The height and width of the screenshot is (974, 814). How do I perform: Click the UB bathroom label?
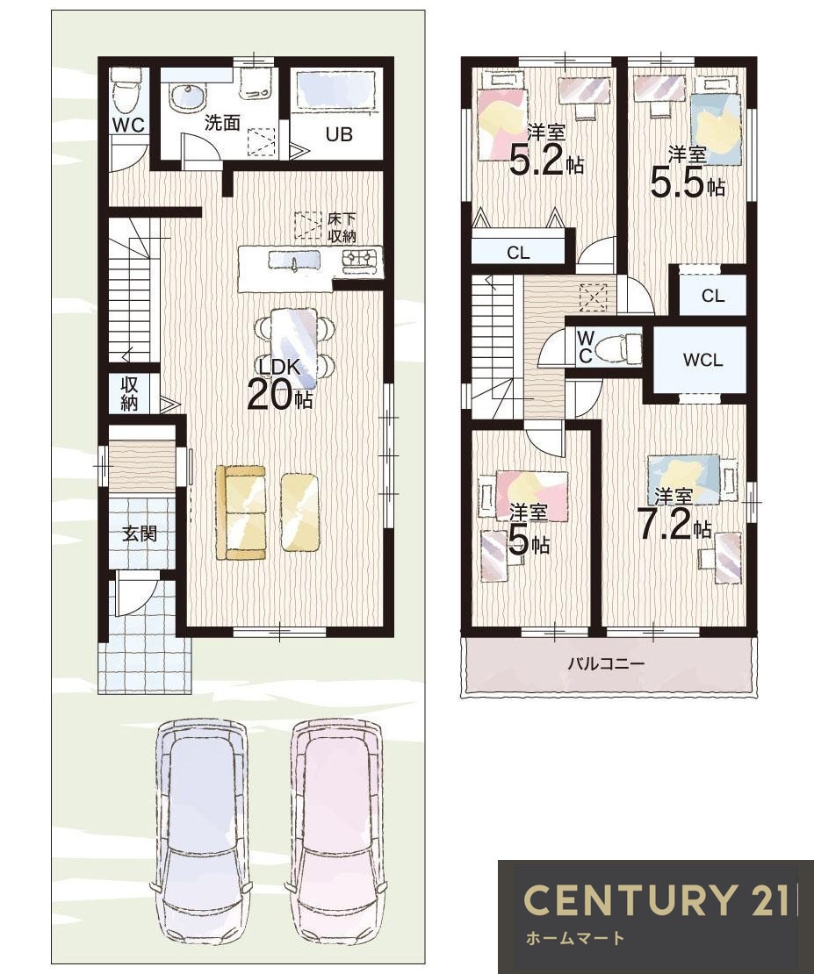point(339,133)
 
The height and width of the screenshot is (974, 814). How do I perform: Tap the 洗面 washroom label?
point(222,122)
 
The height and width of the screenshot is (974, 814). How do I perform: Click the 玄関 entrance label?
point(139,533)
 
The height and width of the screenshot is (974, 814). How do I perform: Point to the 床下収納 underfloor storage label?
point(342,227)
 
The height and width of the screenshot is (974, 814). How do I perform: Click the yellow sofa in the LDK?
point(241,512)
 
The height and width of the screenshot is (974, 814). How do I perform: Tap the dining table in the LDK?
point(294,342)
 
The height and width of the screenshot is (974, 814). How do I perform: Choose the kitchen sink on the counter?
point(294,261)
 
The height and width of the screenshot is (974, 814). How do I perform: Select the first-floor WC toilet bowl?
point(127,90)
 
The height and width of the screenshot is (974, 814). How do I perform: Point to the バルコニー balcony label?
point(606,663)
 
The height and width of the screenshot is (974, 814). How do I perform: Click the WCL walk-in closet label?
point(702,360)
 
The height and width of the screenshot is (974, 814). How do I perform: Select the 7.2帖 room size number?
point(675,525)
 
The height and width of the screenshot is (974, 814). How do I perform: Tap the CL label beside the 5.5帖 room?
point(713,297)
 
